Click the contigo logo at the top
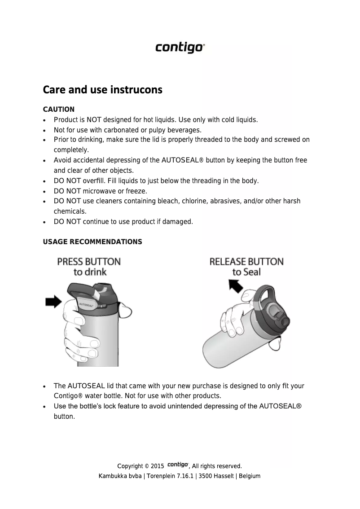click(180, 48)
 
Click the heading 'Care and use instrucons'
click(102, 90)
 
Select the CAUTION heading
click(58, 110)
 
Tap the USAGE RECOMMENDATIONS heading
click(92, 242)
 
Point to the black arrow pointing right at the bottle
click(53, 302)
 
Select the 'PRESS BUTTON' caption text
click(89, 262)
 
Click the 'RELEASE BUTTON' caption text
click(246, 262)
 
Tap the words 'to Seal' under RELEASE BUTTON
click(246, 272)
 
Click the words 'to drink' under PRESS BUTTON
click(90, 272)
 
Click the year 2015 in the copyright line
click(157, 466)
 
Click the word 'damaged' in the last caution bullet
click(178, 222)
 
